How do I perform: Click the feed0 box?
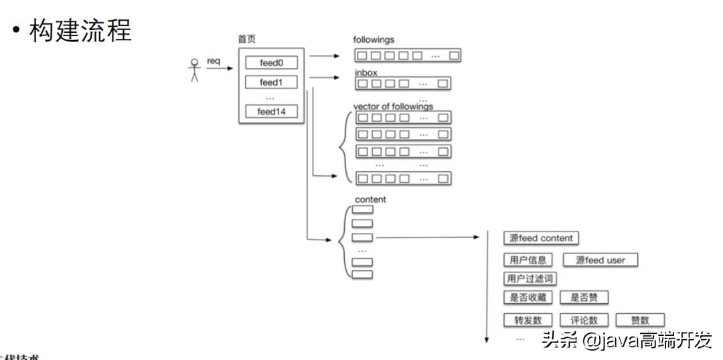[271, 63]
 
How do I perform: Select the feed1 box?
[271, 83]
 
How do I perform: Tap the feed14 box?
[271, 112]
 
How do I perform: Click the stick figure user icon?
[195, 70]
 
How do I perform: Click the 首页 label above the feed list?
[246, 39]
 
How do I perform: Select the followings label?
[374, 39]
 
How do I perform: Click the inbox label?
[366, 72]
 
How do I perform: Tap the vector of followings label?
[393, 106]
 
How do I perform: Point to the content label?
[370, 199]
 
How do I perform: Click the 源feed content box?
[541, 238]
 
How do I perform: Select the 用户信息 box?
[528, 260]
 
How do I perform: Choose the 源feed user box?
[600, 260]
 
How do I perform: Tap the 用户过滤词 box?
[531, 278]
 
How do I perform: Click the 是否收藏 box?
[528, 298]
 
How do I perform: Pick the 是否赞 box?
[584, 298]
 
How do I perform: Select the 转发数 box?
[528, 320]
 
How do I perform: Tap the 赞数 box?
[640, 320]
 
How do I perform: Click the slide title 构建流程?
[80, 29]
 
